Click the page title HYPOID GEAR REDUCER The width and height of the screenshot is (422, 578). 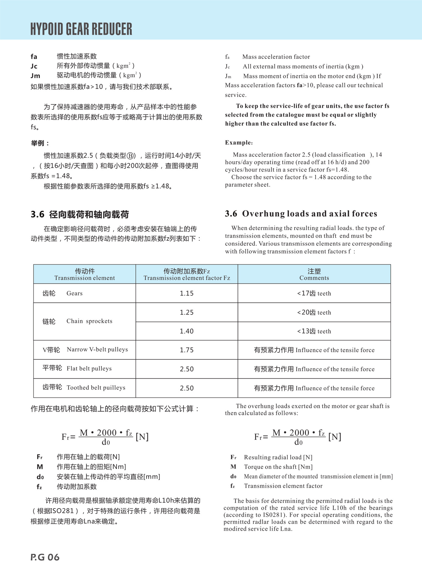pos(81,29)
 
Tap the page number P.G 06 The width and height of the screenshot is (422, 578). pos(45,557)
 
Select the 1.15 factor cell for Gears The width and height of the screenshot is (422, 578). pos(187,293)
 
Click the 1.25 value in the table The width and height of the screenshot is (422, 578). pos(187,312)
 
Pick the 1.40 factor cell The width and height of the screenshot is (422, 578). pos(187,331)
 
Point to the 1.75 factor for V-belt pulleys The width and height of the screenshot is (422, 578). pos(187,350)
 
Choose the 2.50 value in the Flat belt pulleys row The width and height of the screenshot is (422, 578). pos(187,369)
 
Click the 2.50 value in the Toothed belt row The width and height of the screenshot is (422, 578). pos(187,388)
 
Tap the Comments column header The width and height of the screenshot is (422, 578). pos(314,274)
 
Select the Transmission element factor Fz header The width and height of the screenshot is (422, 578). pos(187,278)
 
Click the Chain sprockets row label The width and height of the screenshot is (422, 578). pos(89,321)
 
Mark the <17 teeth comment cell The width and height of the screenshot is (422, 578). pos(314,293)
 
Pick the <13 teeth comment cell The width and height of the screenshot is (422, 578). pos(314,331)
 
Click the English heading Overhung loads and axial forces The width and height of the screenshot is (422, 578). pos(309,214)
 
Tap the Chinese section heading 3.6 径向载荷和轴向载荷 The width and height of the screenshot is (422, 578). pos(80,215)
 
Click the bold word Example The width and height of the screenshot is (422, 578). pos(239,143)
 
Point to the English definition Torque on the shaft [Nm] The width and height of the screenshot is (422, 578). pos(278,467)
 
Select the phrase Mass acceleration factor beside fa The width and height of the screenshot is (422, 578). pos(276,57)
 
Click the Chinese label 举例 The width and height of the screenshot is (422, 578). pos(40,143)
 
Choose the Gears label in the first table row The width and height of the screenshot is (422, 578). pos(74,293)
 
